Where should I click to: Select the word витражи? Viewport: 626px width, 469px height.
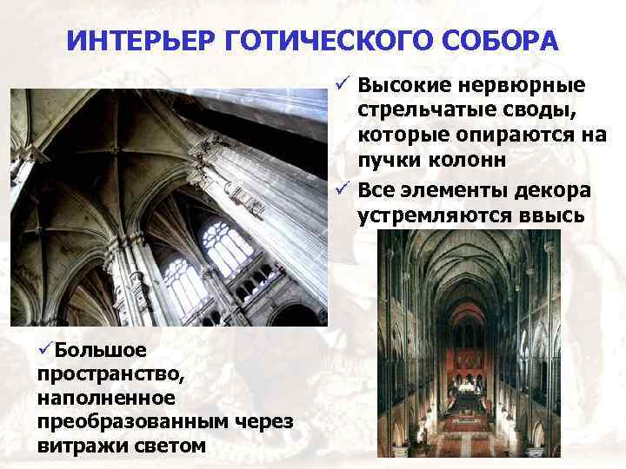coord(74,446)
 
